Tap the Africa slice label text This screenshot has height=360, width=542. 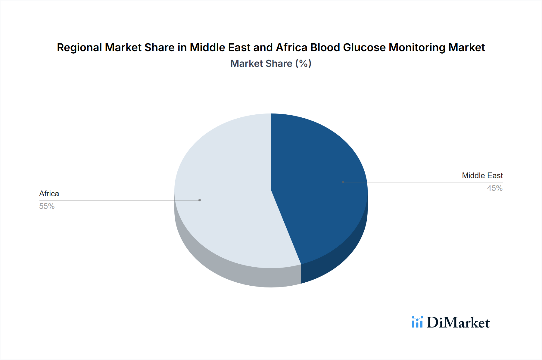(x=49, y=194)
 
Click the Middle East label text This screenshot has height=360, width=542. (x=482, y=175)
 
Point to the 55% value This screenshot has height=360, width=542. (x=47, y=206)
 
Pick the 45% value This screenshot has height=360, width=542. (x=495, y=188)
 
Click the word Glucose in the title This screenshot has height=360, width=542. (x=364, y=48)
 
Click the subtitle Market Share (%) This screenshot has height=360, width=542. (x=271, y=64)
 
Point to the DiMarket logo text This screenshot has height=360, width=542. (x=458, y=323)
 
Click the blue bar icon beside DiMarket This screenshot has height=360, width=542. (x=417, y=322)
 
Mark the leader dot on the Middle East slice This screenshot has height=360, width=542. (x=343, y=182)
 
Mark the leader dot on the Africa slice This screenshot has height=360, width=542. (x=200, y=200)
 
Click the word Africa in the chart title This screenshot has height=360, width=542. (x=291, y=48)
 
